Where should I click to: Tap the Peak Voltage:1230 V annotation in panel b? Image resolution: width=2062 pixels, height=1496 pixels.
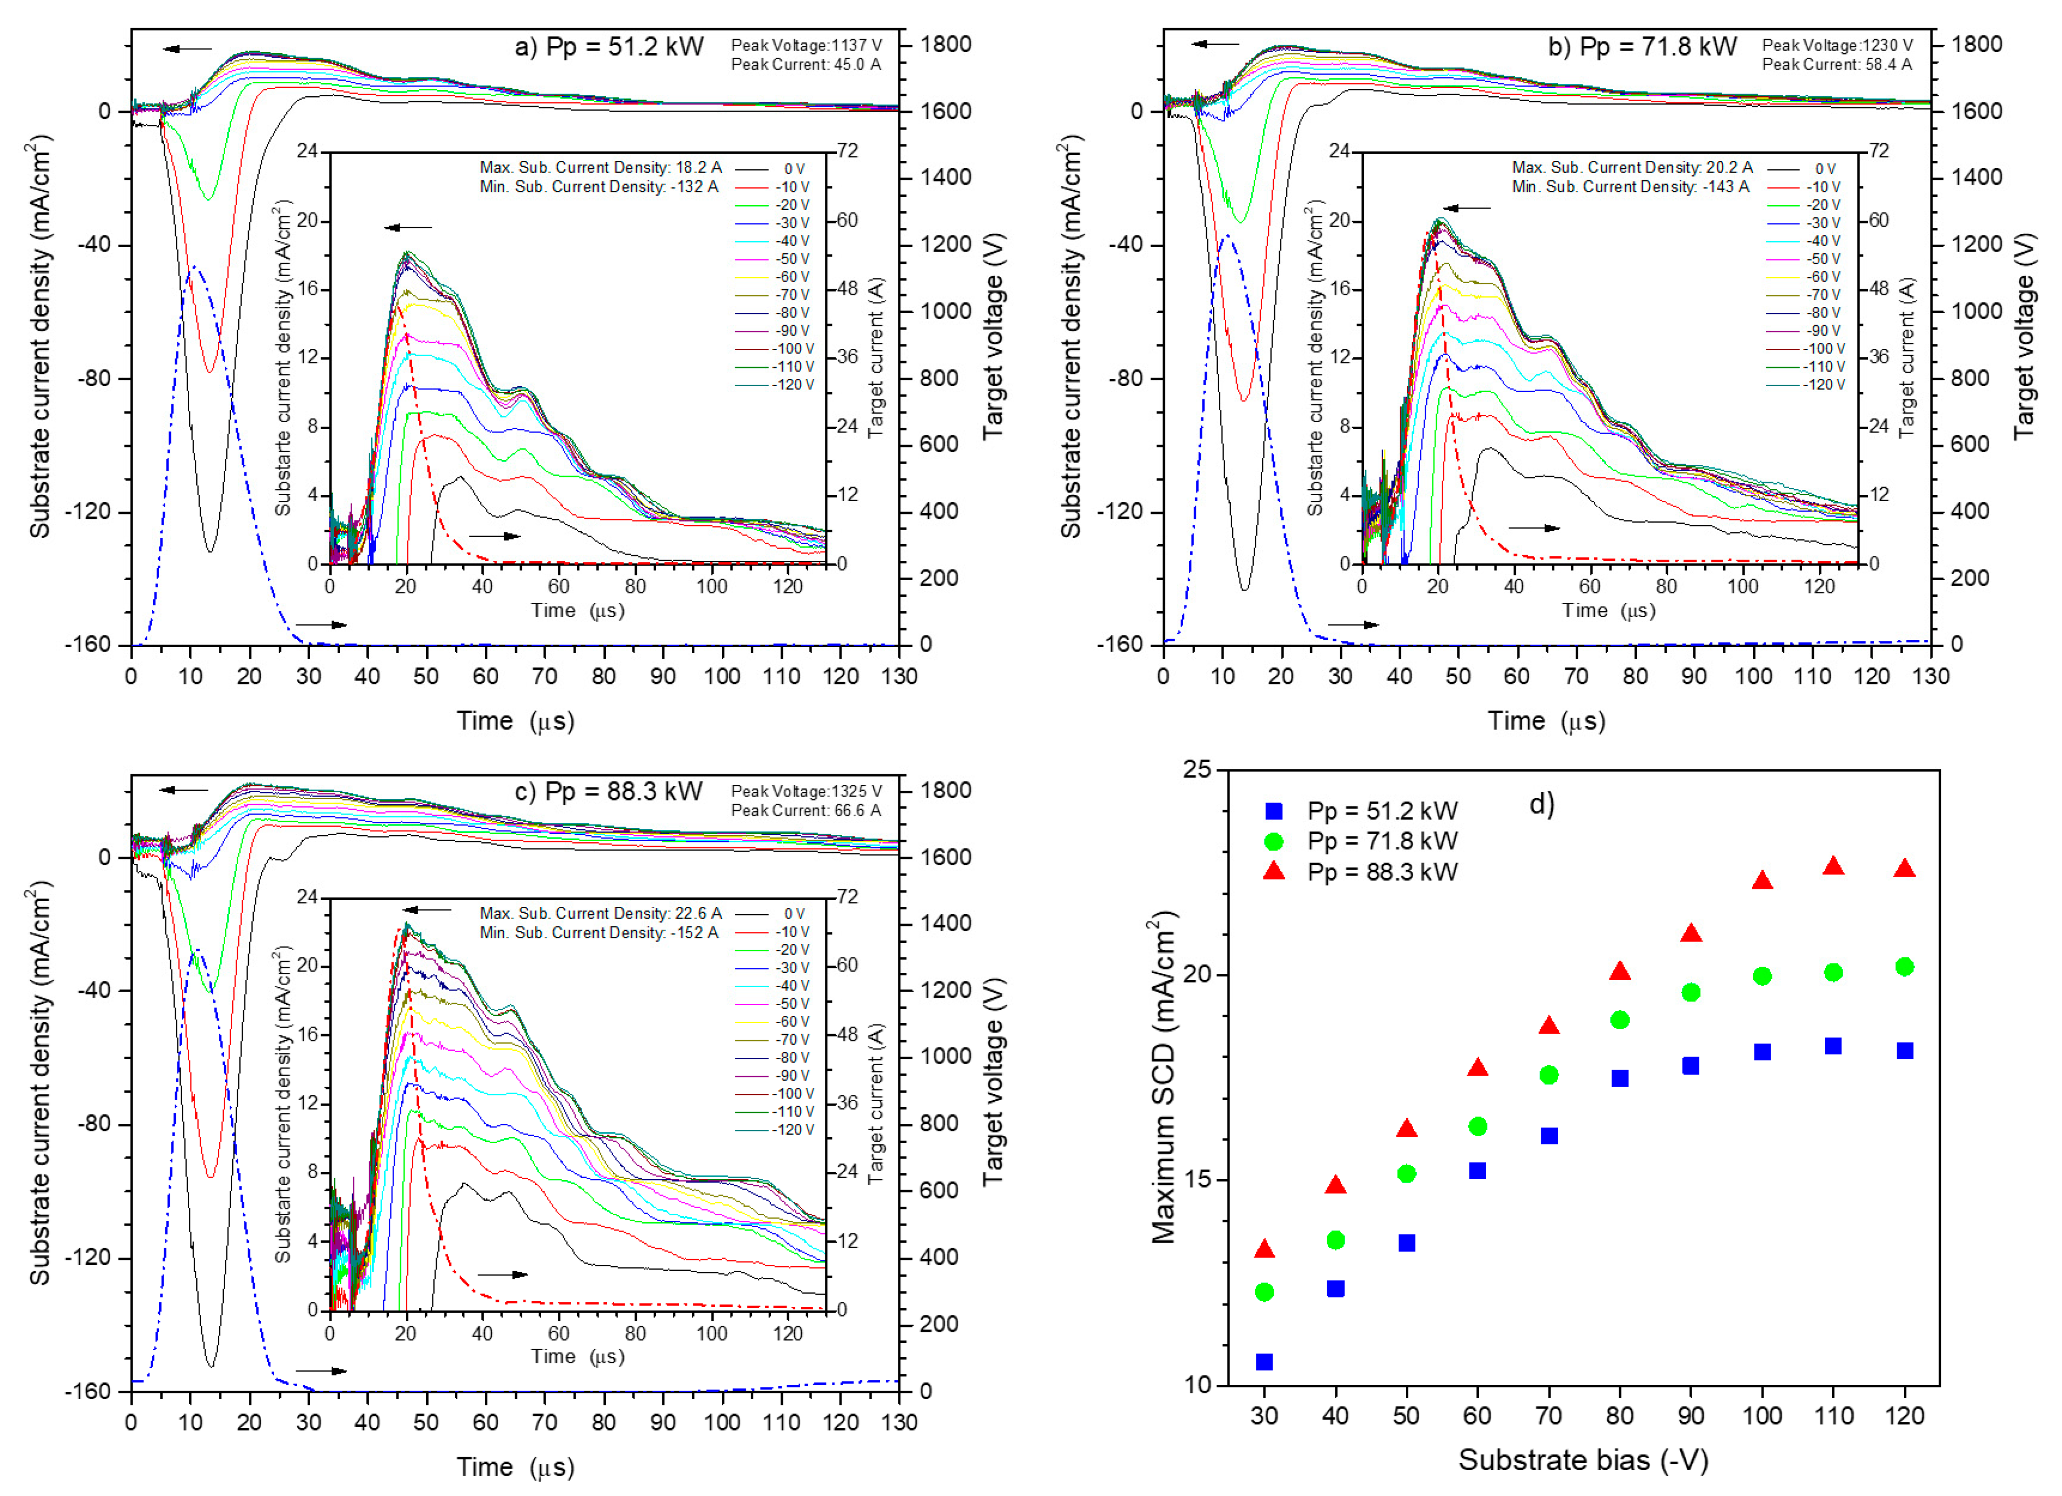(x=1836, y=45)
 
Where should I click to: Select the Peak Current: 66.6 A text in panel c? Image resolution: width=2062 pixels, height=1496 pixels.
(x=805, y=810)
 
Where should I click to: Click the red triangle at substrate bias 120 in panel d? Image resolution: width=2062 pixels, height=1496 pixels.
(x=1904, y=868)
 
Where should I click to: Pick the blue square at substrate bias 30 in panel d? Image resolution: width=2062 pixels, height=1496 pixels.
(x=1264, y=1362)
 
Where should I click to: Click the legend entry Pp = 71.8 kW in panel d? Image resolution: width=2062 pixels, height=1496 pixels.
(x=1382, y=841)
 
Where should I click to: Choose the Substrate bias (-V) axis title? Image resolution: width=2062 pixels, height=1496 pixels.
(x=1583, y=1459)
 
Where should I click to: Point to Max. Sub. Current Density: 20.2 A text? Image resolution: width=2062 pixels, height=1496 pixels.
(x=1632, y=168)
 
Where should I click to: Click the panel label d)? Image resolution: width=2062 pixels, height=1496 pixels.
(x=1542, y=804)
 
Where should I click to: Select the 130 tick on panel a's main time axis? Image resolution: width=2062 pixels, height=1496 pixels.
(x=899, y=676)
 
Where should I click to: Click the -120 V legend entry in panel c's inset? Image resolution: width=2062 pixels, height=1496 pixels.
(x=793, y=1129)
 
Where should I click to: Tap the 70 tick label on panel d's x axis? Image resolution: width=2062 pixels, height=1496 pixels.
(x=1548, y=1416)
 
